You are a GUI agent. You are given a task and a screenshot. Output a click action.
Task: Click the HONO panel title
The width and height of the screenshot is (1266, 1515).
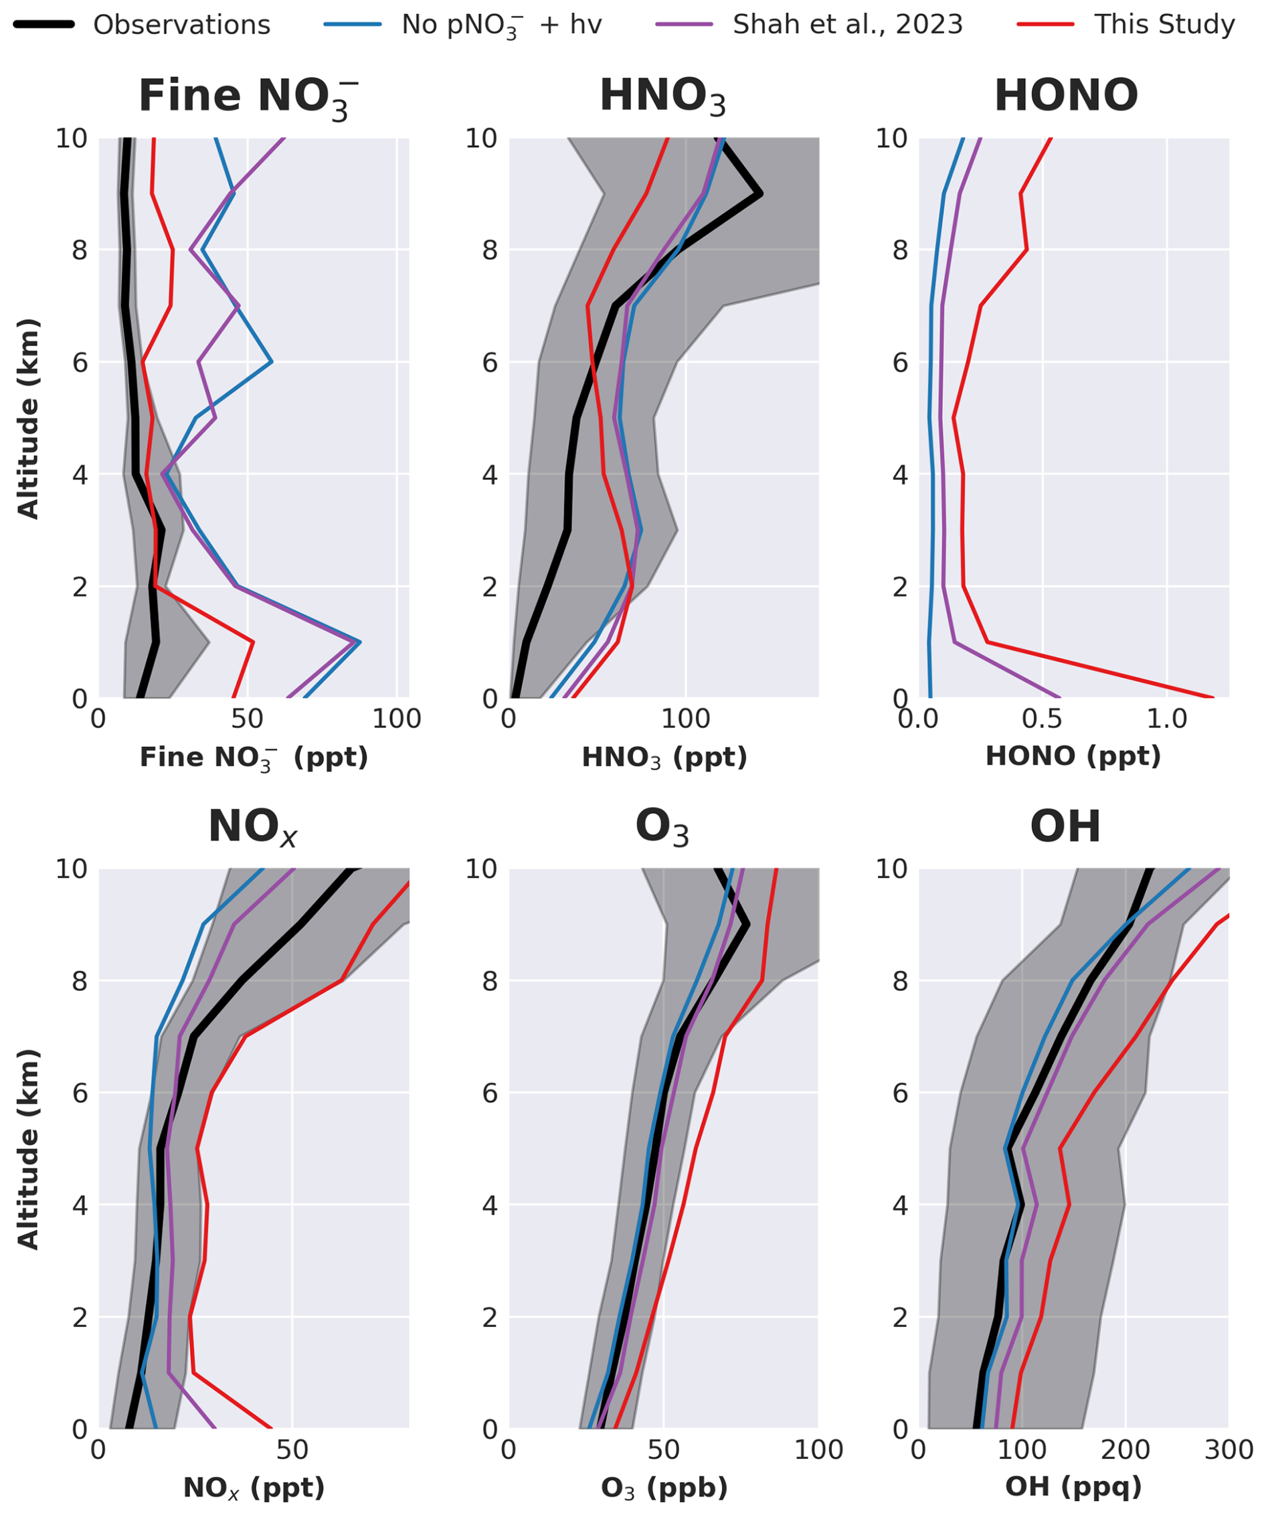tap(1066, 95)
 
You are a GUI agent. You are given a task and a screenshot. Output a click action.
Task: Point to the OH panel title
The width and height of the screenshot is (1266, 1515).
tap(1065, 826)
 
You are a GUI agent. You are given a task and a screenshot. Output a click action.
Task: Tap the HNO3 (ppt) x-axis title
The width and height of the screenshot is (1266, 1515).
tap(664, 757)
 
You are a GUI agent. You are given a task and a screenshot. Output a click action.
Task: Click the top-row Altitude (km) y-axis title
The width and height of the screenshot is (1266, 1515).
tap(28, 418)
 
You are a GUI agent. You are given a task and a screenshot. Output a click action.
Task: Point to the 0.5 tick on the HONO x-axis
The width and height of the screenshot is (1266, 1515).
tap(1043, 719)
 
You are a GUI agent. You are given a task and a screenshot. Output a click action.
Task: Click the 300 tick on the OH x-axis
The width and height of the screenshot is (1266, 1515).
tap(1229, 1449)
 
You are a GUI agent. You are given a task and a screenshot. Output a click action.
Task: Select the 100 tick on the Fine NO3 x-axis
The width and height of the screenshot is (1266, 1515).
tap(397, 719)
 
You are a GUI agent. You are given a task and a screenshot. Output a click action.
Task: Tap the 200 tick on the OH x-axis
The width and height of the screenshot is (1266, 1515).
tap(1125, 1449)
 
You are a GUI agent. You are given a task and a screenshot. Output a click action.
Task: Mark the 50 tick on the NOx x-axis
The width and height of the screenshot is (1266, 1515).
tap(292, 1449)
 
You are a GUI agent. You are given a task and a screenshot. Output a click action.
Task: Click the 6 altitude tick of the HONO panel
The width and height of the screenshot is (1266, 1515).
tap(899, 363)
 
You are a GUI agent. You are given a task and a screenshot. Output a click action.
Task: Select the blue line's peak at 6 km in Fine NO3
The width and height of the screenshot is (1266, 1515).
tap(272, 361)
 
